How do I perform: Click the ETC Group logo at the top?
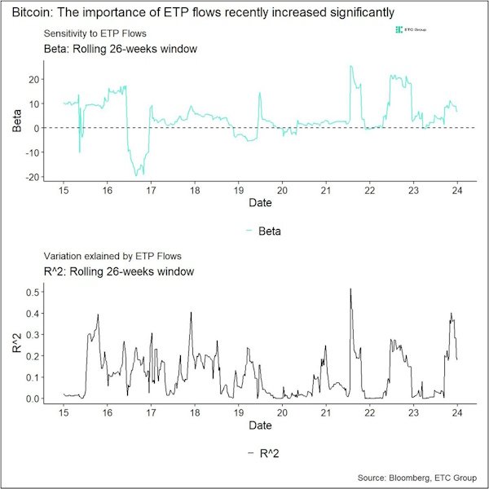[412, 30]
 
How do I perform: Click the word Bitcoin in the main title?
[30, 12]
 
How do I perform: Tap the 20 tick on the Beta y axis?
[34, 79]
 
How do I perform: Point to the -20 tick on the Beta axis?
[33, 177]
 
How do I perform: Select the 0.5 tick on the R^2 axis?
[33, 292]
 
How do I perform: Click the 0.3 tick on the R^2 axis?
[33, 334]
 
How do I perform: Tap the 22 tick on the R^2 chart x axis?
[369, 413]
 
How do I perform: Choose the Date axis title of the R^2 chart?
[260, 426]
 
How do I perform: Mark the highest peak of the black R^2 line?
[350, 289]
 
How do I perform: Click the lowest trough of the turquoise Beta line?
[136, 175]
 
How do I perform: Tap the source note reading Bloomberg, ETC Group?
[422, 477]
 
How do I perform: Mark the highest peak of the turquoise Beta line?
[350, 67]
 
